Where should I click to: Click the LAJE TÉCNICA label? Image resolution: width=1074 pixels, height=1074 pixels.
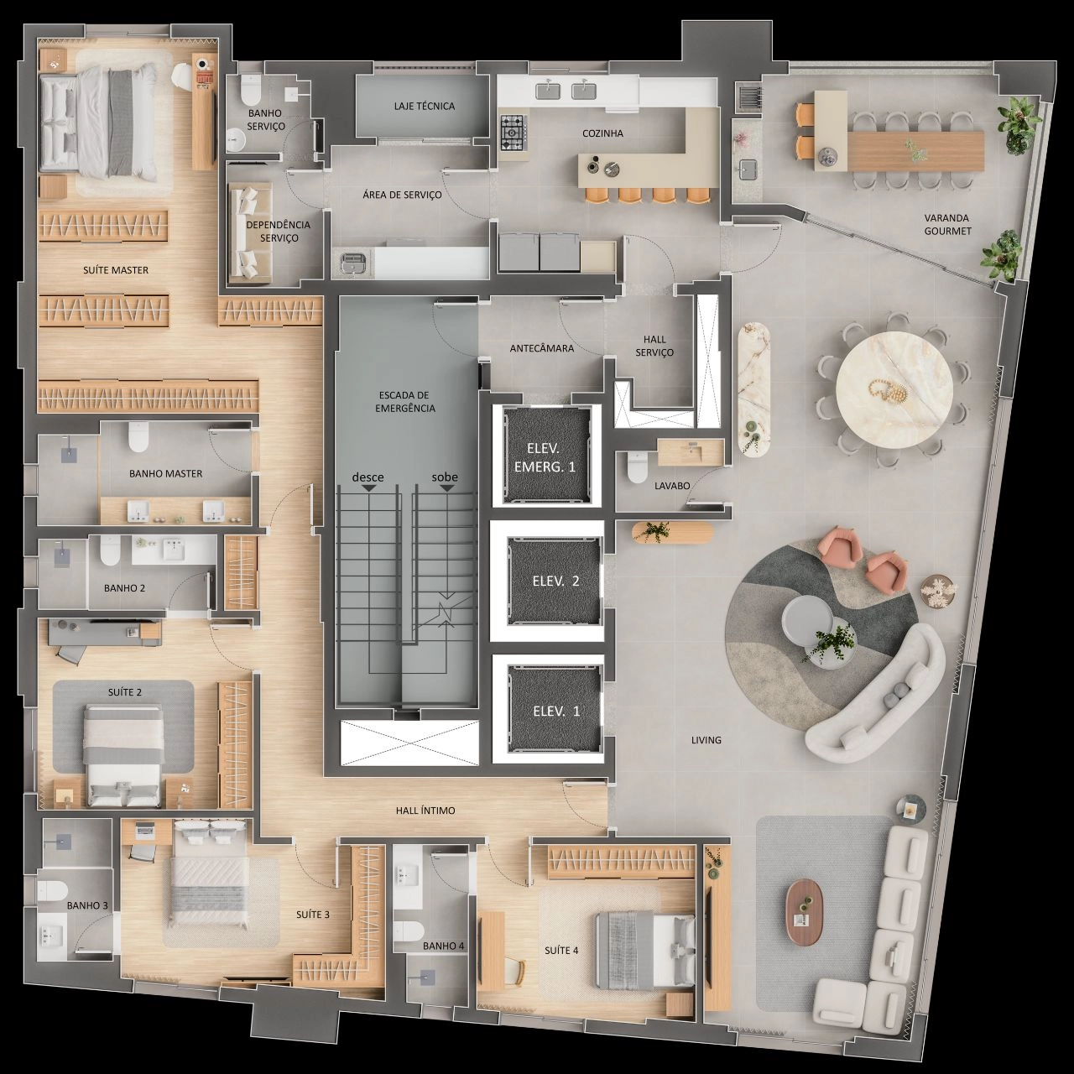tap(424, 106)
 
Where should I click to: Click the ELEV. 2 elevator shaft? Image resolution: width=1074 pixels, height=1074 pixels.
tap(555, 581)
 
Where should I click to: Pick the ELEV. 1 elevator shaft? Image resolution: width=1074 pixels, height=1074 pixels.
tap(555, 710)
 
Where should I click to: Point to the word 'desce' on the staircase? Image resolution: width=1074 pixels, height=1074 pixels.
tap(368, 477)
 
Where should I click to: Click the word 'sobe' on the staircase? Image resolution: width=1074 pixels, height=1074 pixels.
tap(445, 477)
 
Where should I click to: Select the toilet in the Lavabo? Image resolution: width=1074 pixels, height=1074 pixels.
tap(637, 467)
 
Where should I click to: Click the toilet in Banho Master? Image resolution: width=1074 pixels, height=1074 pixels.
tap(138, 437)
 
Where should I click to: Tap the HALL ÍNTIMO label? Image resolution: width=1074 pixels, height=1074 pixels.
tap(425, 811)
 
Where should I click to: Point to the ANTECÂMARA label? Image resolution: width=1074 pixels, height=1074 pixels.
tap(542, 348)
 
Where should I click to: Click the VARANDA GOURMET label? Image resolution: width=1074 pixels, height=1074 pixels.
tap(947, 224)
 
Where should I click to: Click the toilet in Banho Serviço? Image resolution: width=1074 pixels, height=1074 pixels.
tap(248, 89)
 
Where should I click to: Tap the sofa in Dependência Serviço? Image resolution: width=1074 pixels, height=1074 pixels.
tap(249, 232)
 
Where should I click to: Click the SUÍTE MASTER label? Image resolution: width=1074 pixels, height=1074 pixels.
tap(116, 270)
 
